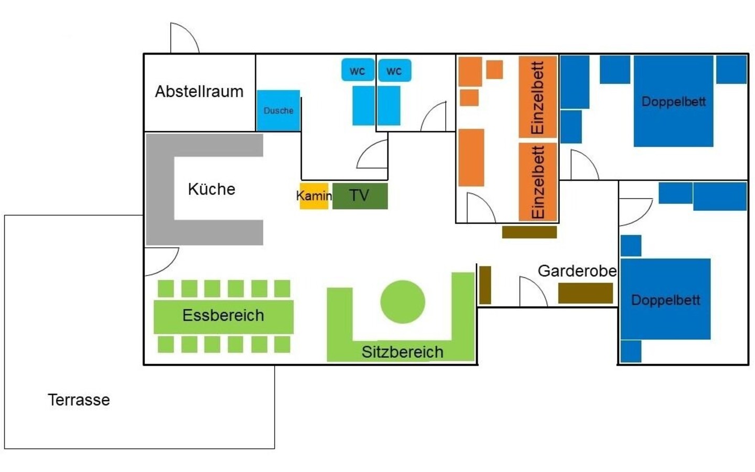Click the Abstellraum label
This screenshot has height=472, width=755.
[x=199, y=92]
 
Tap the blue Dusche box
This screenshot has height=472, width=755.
[x=278, y=111]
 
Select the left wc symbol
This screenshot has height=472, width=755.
[x=358, y=71]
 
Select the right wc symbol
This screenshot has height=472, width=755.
[x=394, y=71]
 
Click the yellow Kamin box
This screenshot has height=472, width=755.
[x=314, y=196]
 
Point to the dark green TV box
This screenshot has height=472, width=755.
[x=360, y=196]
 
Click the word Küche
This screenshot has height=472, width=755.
[x=211, y=189]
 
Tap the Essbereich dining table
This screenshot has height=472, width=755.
[x=223, y=316]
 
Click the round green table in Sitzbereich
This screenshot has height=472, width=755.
[x=403, y=302]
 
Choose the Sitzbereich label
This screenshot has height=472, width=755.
[x=402, y=352]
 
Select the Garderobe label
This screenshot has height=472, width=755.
[x=577, y=271]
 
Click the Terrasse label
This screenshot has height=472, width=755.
[x=79, y=400]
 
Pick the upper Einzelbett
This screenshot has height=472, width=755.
[x=537, y=97]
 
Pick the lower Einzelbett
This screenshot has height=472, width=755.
[x=537, y=181]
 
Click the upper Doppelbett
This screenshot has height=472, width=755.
[x=673, y=101]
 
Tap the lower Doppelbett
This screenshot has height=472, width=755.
[x=665, y=299]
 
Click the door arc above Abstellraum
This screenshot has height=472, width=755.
[x=184, y=38]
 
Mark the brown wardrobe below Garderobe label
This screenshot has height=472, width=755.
[x=585, y=293]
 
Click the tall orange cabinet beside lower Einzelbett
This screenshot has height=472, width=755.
[x=471, y=157]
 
